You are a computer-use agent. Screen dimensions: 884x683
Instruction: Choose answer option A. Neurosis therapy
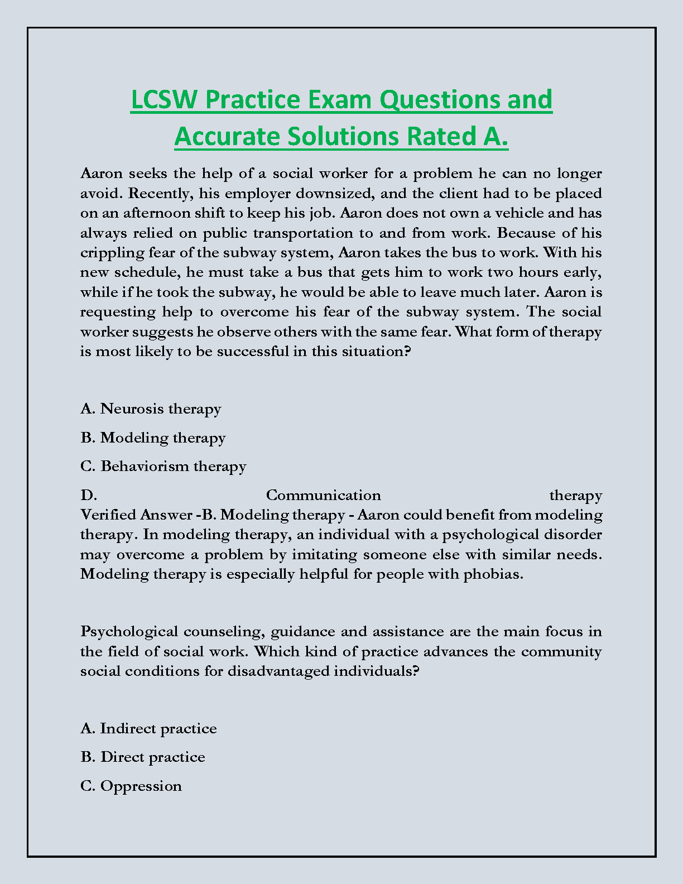pos(151,409)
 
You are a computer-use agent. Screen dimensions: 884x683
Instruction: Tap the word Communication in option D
pos(323,495)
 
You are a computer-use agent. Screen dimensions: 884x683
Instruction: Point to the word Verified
pos(108,515)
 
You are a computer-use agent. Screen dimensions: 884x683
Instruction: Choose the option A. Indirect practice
pos(148,728)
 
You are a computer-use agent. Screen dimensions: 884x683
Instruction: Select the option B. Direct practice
pos(143,757)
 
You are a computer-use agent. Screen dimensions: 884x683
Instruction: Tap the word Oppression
pos(141,786)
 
